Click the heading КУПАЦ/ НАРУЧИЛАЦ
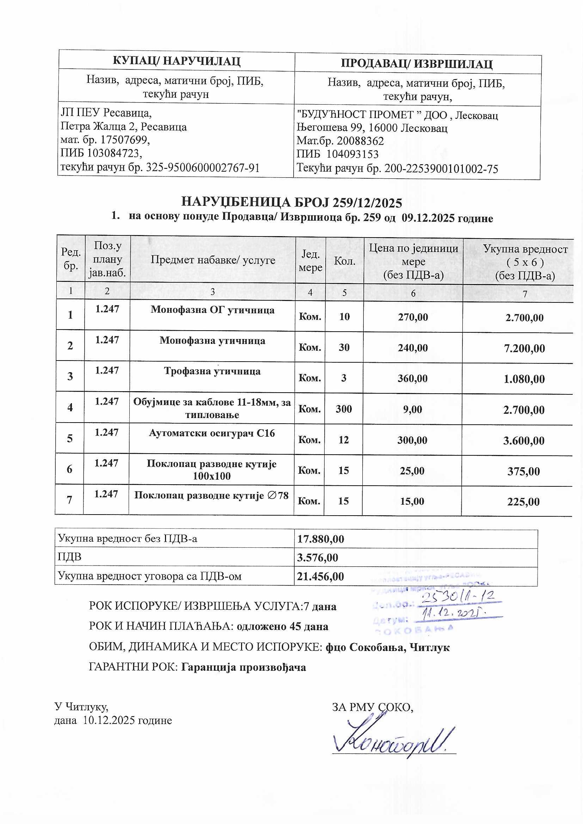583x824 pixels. coord(176,61)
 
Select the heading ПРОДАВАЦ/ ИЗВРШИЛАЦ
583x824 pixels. coord(416,64)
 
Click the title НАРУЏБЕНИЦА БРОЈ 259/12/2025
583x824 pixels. coord(291,202)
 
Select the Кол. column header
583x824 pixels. coord(345,261)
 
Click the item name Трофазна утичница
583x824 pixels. coord(212,371)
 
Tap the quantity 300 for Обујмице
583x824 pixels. coord(344,409)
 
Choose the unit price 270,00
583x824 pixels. coord(413,317)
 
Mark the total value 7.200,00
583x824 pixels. coord(524,348)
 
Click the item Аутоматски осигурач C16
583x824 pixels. coord(212,433)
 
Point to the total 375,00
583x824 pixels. coord(523,471)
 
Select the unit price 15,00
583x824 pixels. coord(412,502)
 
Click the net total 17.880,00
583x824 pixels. coord(320,539)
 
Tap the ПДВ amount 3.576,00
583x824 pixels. coord(317,557)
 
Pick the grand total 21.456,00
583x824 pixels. coord(320,576)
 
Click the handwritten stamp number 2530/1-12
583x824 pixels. coord(458,597)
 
